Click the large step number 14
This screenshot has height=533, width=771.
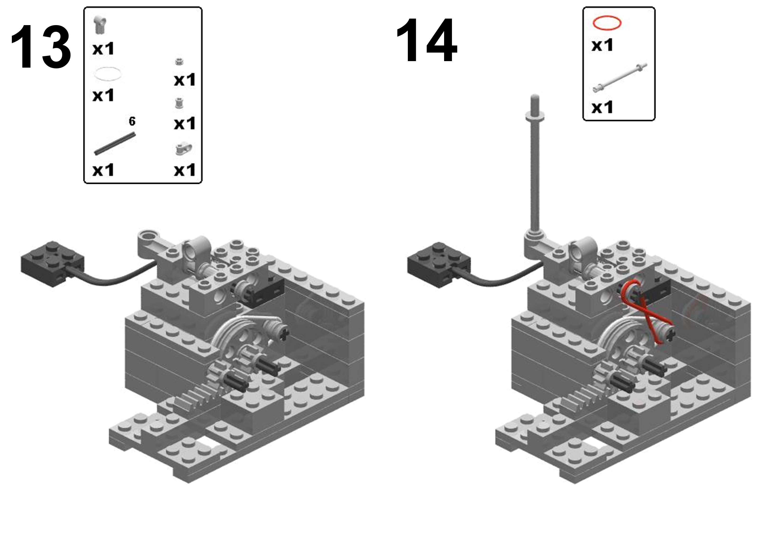pos(426,41)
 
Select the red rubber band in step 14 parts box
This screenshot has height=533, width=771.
pos(607,23)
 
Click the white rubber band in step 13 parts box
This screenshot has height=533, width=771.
pos(108,73)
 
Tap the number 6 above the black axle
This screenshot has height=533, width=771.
pos(132,122)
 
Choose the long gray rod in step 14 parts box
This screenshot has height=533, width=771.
pos(620,77)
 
